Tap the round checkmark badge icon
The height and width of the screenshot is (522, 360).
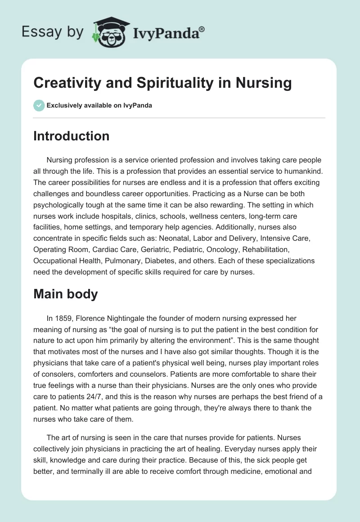39,105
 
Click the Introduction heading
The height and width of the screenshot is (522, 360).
71,136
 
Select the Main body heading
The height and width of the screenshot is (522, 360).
66,294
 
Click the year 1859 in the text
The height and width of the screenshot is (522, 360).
64,319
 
